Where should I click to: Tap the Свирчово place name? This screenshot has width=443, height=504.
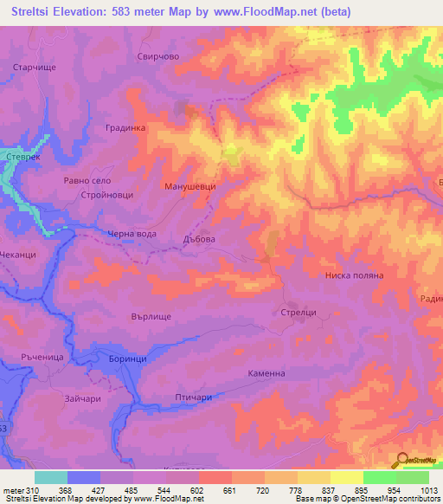pyautogui.click(x=157, y=55)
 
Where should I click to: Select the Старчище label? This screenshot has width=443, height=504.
pyautogui.click(x=34, y=67)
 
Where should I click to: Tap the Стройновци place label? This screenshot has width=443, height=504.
pyautogui.click(x=107, y=196)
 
